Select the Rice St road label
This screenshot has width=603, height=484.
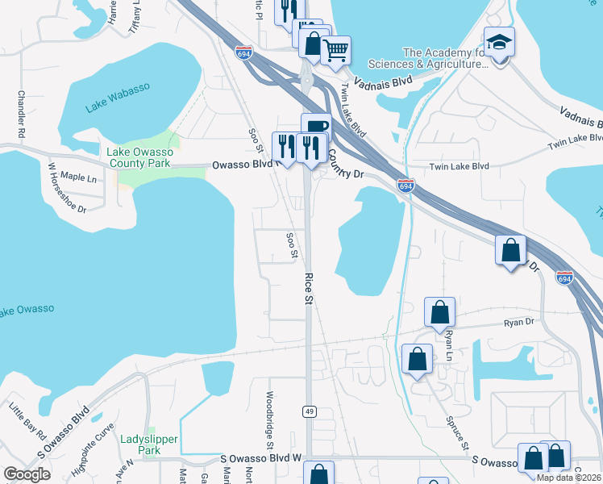point(308,286)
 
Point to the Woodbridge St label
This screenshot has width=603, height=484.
point(269,419)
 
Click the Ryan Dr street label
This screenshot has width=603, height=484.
point(518,322)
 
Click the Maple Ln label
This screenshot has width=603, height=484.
point(78,177)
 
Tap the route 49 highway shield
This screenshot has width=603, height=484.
point(309,411)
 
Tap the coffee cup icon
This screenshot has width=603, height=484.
point(316,126)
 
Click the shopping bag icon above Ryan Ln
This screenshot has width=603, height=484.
point(439,311)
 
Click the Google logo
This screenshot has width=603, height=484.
point(26,474)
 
